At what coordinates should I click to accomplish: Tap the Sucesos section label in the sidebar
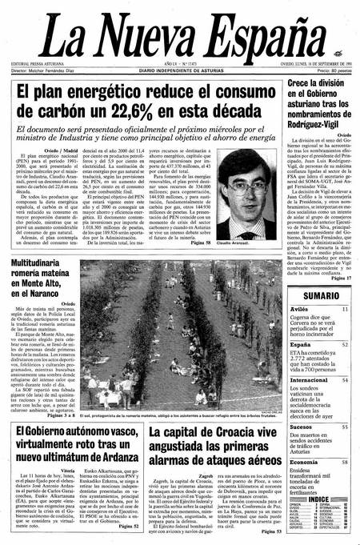click(x=302, y=429)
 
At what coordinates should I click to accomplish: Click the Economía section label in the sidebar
click(x=305, y=463)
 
